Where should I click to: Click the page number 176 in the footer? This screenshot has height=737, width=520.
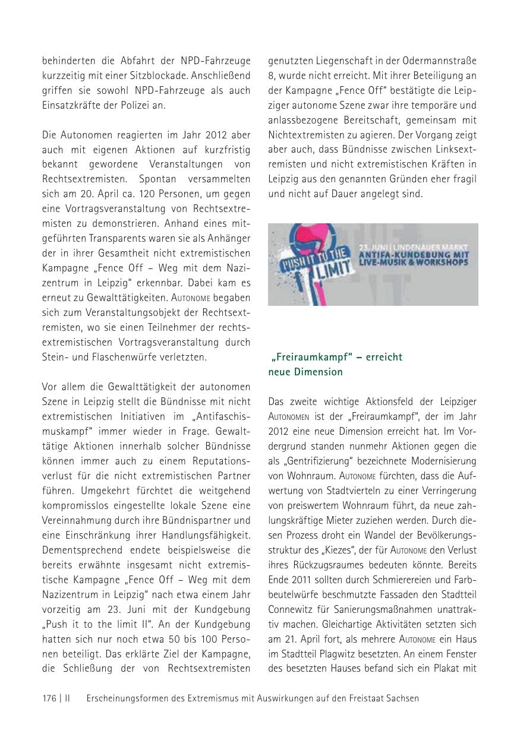click(49, 698)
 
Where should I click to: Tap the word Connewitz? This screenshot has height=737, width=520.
click(291, 609)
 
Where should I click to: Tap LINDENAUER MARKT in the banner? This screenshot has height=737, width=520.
click(439, 246)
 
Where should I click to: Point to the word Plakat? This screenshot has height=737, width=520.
click(447, 669)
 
